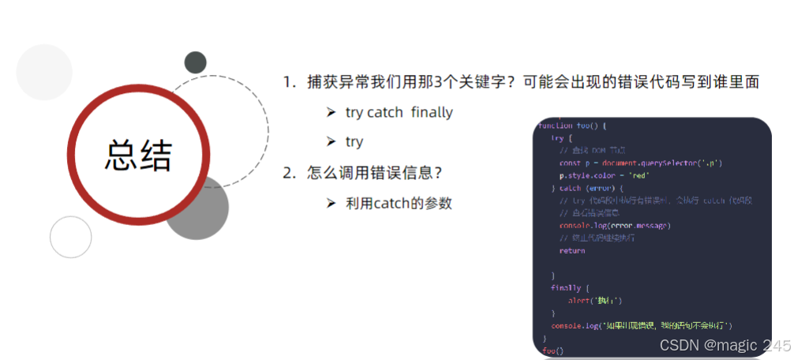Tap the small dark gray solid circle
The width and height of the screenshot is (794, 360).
click(195, 62)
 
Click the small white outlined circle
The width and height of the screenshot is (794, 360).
click(71, 238)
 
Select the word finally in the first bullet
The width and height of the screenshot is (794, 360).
click(432, 112)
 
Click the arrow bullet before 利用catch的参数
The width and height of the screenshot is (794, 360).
click(331, 203)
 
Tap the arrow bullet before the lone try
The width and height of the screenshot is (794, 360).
click(331, 142)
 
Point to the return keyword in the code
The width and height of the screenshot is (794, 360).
click(572, 250)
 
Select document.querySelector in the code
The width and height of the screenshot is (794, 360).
click(646, 163)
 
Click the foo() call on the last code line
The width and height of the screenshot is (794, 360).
click(553, 349)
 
